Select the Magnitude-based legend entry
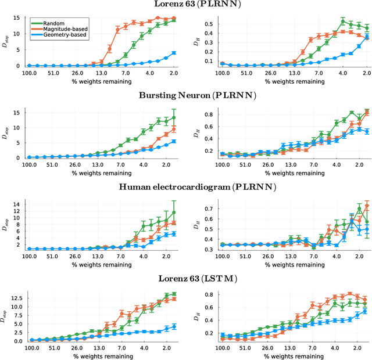[63, 29]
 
